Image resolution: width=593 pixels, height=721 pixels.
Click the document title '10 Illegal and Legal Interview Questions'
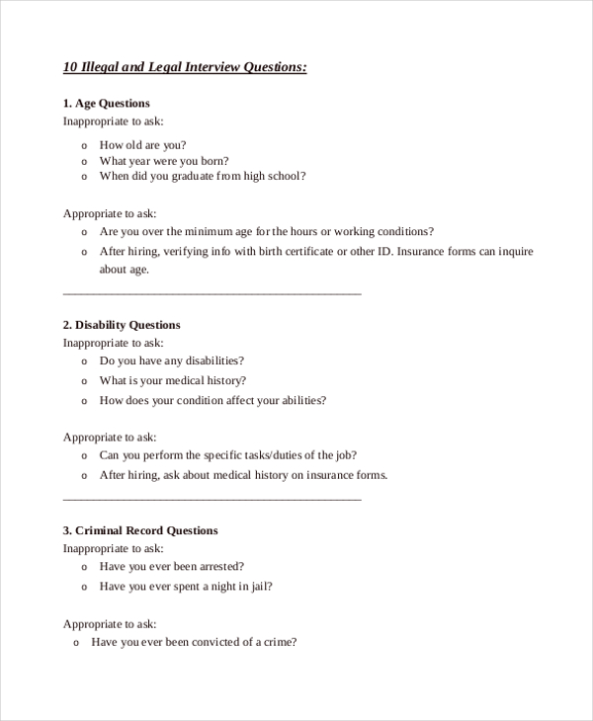pyautogui.click(x=185, y=67)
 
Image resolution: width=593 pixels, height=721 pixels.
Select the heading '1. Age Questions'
pyautogui.click(x=107, y=103)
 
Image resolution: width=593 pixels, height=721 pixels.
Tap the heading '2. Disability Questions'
pyautogui.click(x=122, y=324)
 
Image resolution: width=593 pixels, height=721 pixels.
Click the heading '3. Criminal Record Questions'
pyautogui.click(x=140, y=530)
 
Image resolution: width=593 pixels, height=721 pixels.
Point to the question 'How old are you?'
pyautogui.click(x=142, y=144)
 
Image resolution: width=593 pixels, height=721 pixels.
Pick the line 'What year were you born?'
pyautogui.click(x=164, y=160)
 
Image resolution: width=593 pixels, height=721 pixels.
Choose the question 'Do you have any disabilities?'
pyautogui.click(x=172, y=360)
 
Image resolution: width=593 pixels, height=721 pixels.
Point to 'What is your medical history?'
pyautogui.click(x=173, y=380)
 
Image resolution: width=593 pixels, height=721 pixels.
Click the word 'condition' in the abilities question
pyautogui.click(x=228, y=400)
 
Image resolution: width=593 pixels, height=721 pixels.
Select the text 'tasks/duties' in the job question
pyautogui.click(x=269, y=455)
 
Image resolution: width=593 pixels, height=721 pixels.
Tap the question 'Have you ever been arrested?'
pyautogui.click(x=172, y=566)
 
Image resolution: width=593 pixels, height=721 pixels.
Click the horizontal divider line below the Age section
pyautogui.click(x=212, y=293)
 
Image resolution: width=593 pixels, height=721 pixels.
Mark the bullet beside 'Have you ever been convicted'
pyautogui.click(x=77, y=642)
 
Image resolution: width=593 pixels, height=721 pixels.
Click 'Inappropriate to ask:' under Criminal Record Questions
pyautogui.click(x=114, y=548)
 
